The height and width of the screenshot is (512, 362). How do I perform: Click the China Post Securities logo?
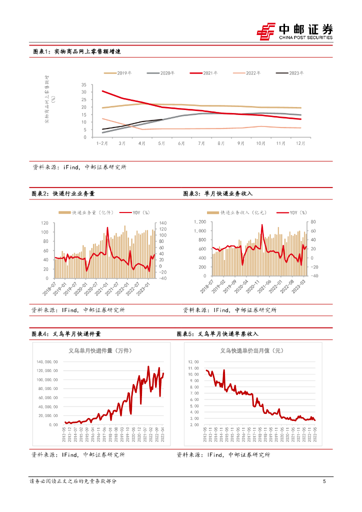coord(295,31)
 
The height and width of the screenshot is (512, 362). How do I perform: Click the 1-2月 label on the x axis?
coord(102,143)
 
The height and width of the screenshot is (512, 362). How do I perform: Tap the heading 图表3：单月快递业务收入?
coord(218,193)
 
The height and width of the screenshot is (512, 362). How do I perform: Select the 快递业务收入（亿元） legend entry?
coord(244,212)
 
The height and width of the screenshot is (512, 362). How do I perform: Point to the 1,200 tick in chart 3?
coord(199,221)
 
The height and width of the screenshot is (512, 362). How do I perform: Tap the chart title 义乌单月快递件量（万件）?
coord(100,350)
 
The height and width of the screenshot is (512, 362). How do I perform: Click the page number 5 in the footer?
coord(324,481)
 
